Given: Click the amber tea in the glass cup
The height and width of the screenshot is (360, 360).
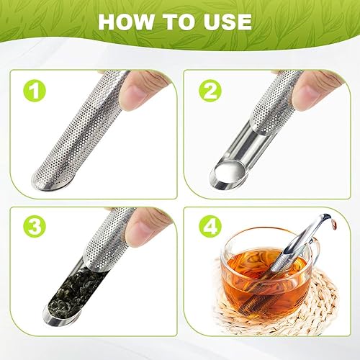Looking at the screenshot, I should pyautogui.click(x=248, y=277).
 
